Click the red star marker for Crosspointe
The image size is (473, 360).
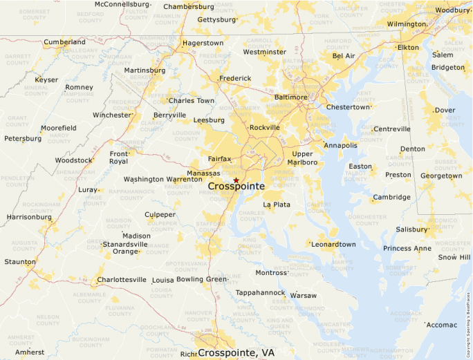click(236, 180)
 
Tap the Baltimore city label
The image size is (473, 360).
click(290, 97)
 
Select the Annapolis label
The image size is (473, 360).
click(341, 145)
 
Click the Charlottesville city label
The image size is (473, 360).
click(122, 280)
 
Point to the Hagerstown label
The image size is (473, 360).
click(203, 43)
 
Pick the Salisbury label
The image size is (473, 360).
click(412, 229)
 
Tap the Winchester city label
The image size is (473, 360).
click(111, 115)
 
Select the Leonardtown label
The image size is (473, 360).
click(334, 245)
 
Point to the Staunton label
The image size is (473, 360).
click(19, 262)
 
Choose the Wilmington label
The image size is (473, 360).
click(407, 24)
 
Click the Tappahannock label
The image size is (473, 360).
click(260, 293)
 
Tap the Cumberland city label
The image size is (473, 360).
click(65, 42)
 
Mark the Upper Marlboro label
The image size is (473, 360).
click(304, 158)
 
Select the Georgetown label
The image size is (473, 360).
click(441, 176)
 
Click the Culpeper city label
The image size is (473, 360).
click(160, 215)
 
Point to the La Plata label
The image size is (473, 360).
click(277, 205)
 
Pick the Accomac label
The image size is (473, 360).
click(442, 325)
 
